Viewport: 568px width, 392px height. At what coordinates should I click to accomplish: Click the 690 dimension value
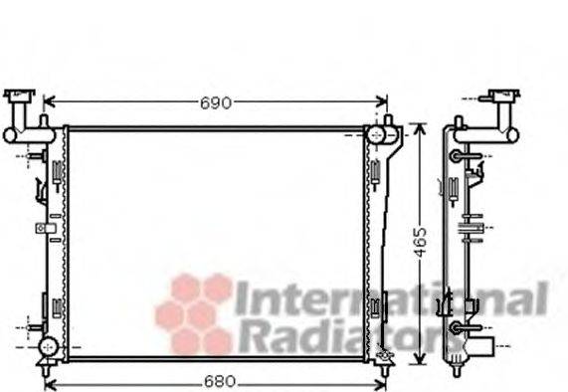tap(215, 102)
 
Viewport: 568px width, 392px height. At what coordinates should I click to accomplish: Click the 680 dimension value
tap(215, 380)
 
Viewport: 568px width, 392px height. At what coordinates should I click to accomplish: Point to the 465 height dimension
tap(421, 240)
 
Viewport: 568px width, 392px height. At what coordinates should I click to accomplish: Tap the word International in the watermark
tap(390, 299)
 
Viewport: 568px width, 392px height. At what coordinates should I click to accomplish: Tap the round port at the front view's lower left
tap(47, 346)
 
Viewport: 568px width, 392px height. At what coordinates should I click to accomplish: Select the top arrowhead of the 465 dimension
tap(421, 130)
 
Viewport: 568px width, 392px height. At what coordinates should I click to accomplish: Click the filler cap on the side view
tap(501, 98)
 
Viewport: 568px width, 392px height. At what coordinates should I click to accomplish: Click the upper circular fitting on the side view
tap(457, 156)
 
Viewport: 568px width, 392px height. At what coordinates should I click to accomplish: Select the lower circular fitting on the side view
tap(457, 327)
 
